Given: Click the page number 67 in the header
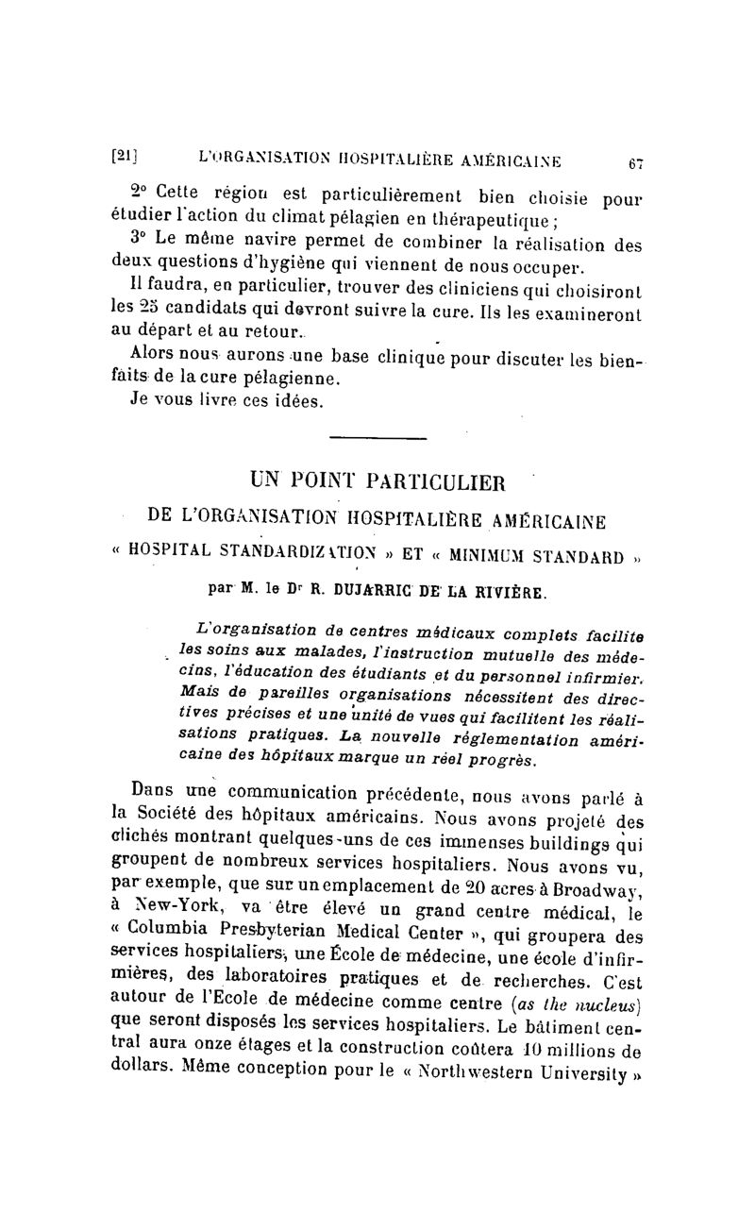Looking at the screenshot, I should pos(635,162).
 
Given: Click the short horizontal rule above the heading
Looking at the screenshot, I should pos(377,437).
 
